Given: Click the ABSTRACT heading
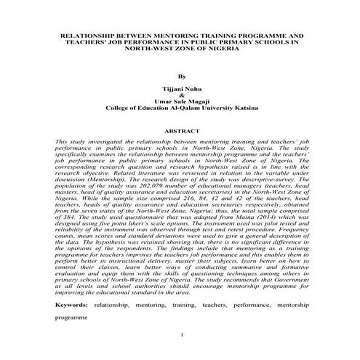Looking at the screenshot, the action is pyautogui.click(x=180, y=132).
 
